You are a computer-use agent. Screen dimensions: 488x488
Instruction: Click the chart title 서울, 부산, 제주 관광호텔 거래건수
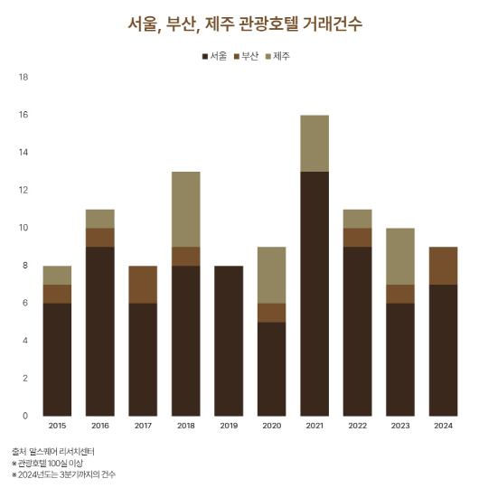244,23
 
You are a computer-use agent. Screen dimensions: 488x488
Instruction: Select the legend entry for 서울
213,56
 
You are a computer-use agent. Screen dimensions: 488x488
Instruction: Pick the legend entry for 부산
245,56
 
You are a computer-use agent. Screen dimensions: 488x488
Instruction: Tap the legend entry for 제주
277,56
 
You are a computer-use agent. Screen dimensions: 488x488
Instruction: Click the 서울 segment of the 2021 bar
314,293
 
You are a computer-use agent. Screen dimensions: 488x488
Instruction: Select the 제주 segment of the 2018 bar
185,209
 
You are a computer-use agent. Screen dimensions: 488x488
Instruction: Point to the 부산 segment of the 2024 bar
442,266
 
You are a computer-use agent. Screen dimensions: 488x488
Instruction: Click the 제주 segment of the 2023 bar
399,256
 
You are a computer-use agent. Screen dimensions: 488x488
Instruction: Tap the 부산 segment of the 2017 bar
143,284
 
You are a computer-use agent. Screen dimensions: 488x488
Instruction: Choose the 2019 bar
229,341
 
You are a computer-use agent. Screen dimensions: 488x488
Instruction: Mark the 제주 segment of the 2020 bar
271,275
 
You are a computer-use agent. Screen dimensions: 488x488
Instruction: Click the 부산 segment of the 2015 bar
57,294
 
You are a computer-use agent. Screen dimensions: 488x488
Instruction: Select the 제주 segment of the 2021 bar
314,143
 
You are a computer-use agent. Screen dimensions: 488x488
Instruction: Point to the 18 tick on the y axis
23,77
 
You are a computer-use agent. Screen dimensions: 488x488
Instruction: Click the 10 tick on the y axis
23,228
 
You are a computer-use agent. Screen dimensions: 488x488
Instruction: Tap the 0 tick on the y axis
25,416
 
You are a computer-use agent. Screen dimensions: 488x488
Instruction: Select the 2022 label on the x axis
357,424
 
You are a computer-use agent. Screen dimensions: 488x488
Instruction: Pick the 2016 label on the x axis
100,424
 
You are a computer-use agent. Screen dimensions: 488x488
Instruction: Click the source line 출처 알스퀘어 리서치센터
53,450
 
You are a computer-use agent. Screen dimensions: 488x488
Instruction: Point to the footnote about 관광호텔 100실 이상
51,462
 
